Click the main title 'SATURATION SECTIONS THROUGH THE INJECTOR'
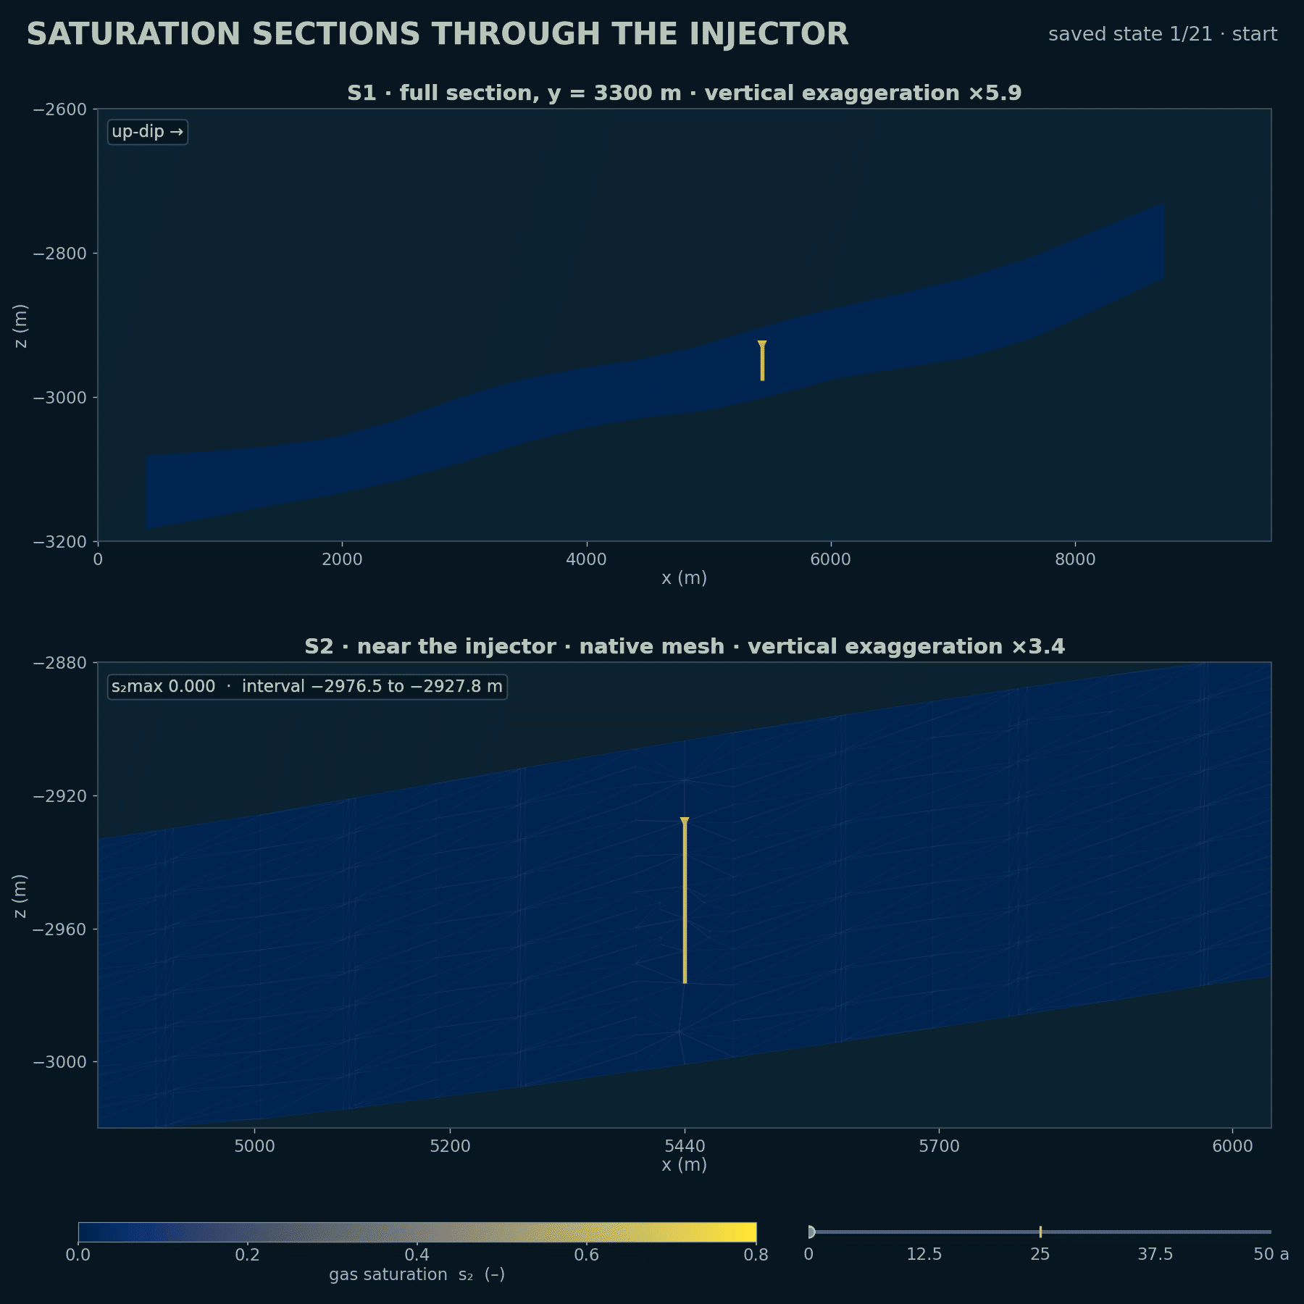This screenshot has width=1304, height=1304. pyautogui.click(x=438, y=34)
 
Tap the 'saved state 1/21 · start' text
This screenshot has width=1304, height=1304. pyautogui.click(x=1163, y=34)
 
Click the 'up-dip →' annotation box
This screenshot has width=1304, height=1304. pyautogui.click(x=148, y=132)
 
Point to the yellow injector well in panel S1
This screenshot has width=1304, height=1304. pyautogui.click(x=762, y=361)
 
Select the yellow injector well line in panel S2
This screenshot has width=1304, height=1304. pyautogui.click(x=685, y=900)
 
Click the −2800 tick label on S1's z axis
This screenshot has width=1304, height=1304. pyautogui.click(x=60, y=254)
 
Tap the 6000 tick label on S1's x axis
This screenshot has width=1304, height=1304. pyautogui.click(x=830, y=559)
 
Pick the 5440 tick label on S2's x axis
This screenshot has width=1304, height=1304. pyautogui.click(x=685, y=1146)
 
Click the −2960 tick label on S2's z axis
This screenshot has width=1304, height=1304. pyautogui.click(x=60, y=929)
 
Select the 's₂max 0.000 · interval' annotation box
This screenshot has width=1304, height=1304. pyautogui.click(x=307, y=687)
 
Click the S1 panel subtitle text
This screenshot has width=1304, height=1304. pyautogui.click(x=685, y=93)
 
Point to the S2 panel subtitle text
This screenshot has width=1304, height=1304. pyautogui.click(x=685, y=647)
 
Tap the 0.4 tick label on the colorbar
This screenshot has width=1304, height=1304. pyautogui.click(x=417, y=1255)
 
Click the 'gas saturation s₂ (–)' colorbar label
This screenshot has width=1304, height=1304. pyautogui.click(x=417, y=1274)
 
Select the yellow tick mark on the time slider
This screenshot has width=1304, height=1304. pyautogui.click(x=1040, y=1232)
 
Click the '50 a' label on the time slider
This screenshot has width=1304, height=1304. pyautogui.click(x=1271, y=1254)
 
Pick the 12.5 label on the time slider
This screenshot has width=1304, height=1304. pyautogui.click(x=924, y=1254)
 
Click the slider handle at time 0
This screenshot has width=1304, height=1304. pyautogui.click(x=811, y=1232)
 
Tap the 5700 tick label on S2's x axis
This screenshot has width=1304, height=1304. pyautogui.click(x=939, y=1146)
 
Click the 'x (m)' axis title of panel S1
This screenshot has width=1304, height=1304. pyautogui.click(x=685, y=578)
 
